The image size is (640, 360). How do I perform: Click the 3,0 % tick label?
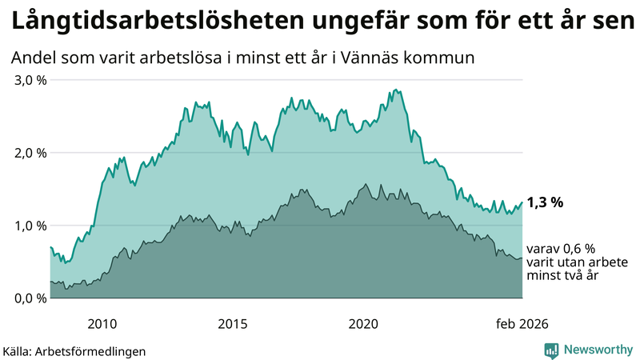tap(30, 80)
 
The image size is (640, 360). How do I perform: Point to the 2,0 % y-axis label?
tap(30, 153)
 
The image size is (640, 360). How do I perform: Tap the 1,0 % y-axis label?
tap(30, 226)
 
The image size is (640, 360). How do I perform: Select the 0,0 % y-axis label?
tap(30, 298)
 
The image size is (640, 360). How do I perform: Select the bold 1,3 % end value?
tap(546, 202)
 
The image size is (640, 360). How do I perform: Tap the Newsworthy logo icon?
tap(551, 350)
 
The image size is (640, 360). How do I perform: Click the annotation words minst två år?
tap(563, 275)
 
